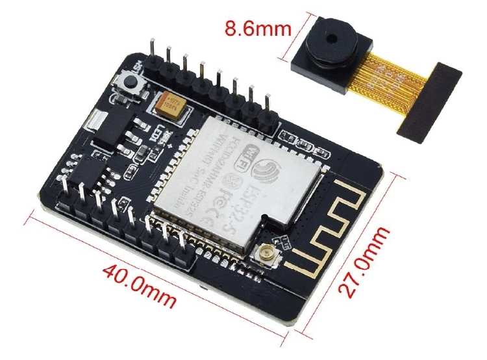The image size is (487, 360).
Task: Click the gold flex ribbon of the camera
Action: coord(390,78)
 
